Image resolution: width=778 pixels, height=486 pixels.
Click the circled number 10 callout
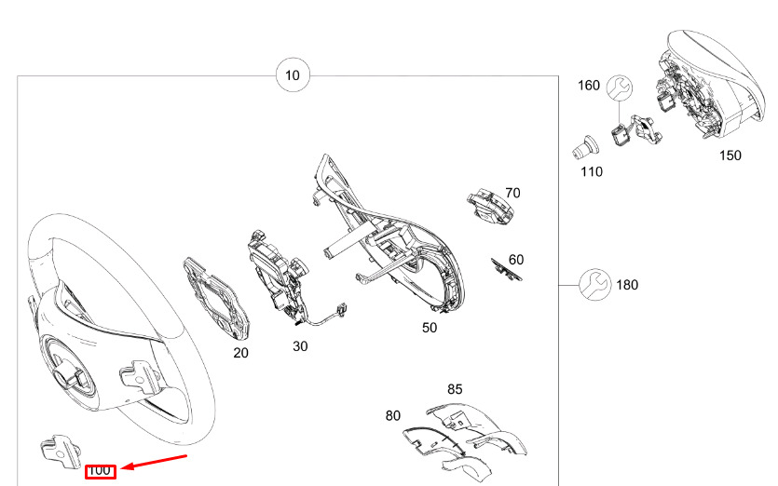pyautogui.click(x=293, y=75)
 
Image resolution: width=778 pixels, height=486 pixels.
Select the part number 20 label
pyautogui.click(x=240, y=353)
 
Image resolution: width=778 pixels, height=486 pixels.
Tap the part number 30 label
pyautogui.click(x=300, y=346)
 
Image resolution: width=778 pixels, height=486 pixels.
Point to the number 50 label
pyautogui.click(x=430, y=328)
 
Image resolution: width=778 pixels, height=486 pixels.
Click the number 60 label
pyautogui.click(x=516, y=260)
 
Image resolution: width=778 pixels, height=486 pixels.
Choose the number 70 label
pyautogui.click(x=512, y=193)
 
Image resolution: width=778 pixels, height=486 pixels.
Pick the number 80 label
pyautogui.click(x=393, y=415)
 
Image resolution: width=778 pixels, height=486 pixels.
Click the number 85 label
pyautogui.click(x=455, y=389)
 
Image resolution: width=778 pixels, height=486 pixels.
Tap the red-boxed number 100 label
pyautogui.click(x=101, y=471)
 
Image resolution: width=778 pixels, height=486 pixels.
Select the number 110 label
pyautogui.click(x=592, y=172)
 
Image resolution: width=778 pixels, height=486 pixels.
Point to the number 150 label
pyautogui.click(x=730, y=155)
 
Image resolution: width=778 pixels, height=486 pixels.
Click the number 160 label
pyautogui.click(x=589, y=86)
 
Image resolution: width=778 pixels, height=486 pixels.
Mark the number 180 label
pyautogui.click(x=627, y=285)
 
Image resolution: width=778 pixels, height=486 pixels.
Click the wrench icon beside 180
pyautogui.click(x=594, y=285)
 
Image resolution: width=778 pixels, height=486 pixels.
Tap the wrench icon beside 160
pyautogui.click(x=620, y=88)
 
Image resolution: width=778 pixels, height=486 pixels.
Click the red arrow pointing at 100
pyautogui.click(x=154, y=462)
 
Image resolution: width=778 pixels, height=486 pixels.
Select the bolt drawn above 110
pyautogui.click(x=585, y=147)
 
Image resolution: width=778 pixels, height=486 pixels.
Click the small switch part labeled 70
pyautogui.click(x=490, y=206)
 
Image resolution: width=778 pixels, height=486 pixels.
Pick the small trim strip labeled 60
pyautogui.click(x=506, y=269)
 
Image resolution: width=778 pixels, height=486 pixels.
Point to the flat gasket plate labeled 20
pyautogui.click(x=217, y=299)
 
